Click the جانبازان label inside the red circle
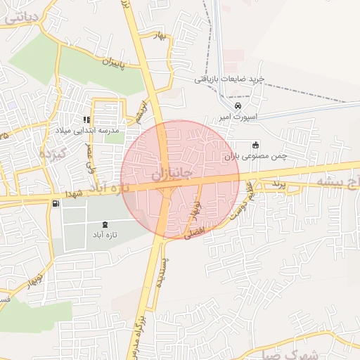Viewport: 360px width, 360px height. pos(172,172)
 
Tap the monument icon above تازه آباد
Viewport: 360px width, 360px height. pos(105,224)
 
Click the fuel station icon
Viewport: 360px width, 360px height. pos(55,204)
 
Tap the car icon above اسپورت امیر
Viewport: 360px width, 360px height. pos(238,105)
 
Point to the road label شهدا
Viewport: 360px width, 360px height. pos(76,193)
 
